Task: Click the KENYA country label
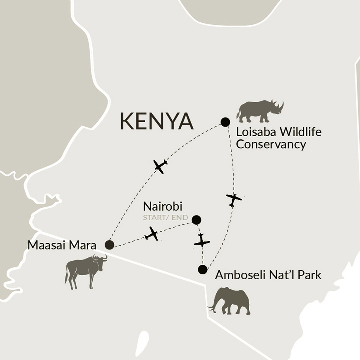[x=156, y=121]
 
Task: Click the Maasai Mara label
[x=62, y=245]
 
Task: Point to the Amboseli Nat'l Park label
[x=268, y=275]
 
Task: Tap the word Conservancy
[x=271, y=144]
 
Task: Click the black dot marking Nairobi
[x=197, y=220]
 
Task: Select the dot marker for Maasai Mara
[x=109, y=245]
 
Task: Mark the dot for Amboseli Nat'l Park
[x=202, y=270]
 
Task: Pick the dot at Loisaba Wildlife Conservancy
[x=225, y=122]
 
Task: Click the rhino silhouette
[x=259, y=111]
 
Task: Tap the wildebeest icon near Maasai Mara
[x=85, y=271]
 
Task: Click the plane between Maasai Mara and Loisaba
[x=160, y=166]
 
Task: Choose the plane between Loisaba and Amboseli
[x=234, y=199]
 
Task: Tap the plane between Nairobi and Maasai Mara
[x=152, y=234]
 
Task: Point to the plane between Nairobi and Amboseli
[x=202, y=241]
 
